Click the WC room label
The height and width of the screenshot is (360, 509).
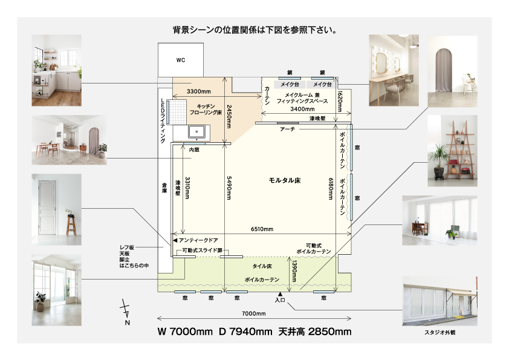[x=181, y=60]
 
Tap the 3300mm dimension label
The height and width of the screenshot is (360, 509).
[x=199, y=91]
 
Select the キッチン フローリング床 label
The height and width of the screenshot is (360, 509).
[x=206, y=110]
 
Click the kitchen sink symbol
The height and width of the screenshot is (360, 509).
[x=196, y=133]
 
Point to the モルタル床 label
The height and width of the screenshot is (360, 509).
[x=285, y=180]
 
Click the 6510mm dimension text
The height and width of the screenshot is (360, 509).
[x=262, y=229]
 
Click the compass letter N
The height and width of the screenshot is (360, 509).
[x=127, y=322]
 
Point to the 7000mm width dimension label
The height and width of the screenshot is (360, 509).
[x=254, y=313]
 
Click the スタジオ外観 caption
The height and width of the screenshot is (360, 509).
[x=440, y=333]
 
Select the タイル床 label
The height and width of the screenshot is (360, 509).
[x=262, y=266]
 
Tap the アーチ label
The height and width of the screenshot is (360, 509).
[x=288, y=129]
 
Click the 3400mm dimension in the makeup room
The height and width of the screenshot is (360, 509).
[x=302, y=109]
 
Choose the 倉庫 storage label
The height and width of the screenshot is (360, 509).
[x=164, y=188]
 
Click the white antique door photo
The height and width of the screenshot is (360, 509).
[x=56, y=209]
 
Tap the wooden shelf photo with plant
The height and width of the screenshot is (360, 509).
[x=453, y=151]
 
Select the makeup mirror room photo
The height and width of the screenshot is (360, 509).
[x=394, y=71]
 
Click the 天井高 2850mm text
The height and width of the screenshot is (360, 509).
[x=315, y=332]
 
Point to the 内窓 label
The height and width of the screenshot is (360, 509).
[x=194, y=150]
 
